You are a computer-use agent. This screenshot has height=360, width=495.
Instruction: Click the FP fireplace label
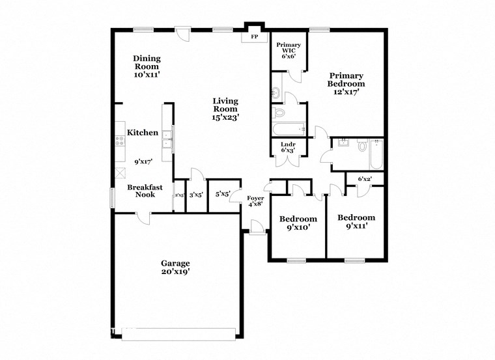255,37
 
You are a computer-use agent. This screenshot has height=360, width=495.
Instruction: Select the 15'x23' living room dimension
226,117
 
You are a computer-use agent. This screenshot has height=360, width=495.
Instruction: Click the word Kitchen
142,133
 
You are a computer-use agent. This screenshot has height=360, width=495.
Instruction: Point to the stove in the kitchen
119,139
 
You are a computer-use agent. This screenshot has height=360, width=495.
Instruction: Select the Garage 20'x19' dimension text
175,271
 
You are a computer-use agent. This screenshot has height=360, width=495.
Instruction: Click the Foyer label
255,201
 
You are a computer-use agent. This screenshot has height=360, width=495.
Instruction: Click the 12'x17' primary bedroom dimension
346,92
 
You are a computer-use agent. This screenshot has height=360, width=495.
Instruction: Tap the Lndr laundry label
288,147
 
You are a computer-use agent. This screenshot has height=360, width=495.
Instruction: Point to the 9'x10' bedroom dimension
298,227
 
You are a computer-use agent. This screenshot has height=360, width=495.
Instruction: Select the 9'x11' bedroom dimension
356,226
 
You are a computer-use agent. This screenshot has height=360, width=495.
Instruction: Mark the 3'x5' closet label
196,194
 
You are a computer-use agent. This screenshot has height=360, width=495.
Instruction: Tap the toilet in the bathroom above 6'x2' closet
363,146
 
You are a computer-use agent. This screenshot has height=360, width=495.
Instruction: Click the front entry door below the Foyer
257,228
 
